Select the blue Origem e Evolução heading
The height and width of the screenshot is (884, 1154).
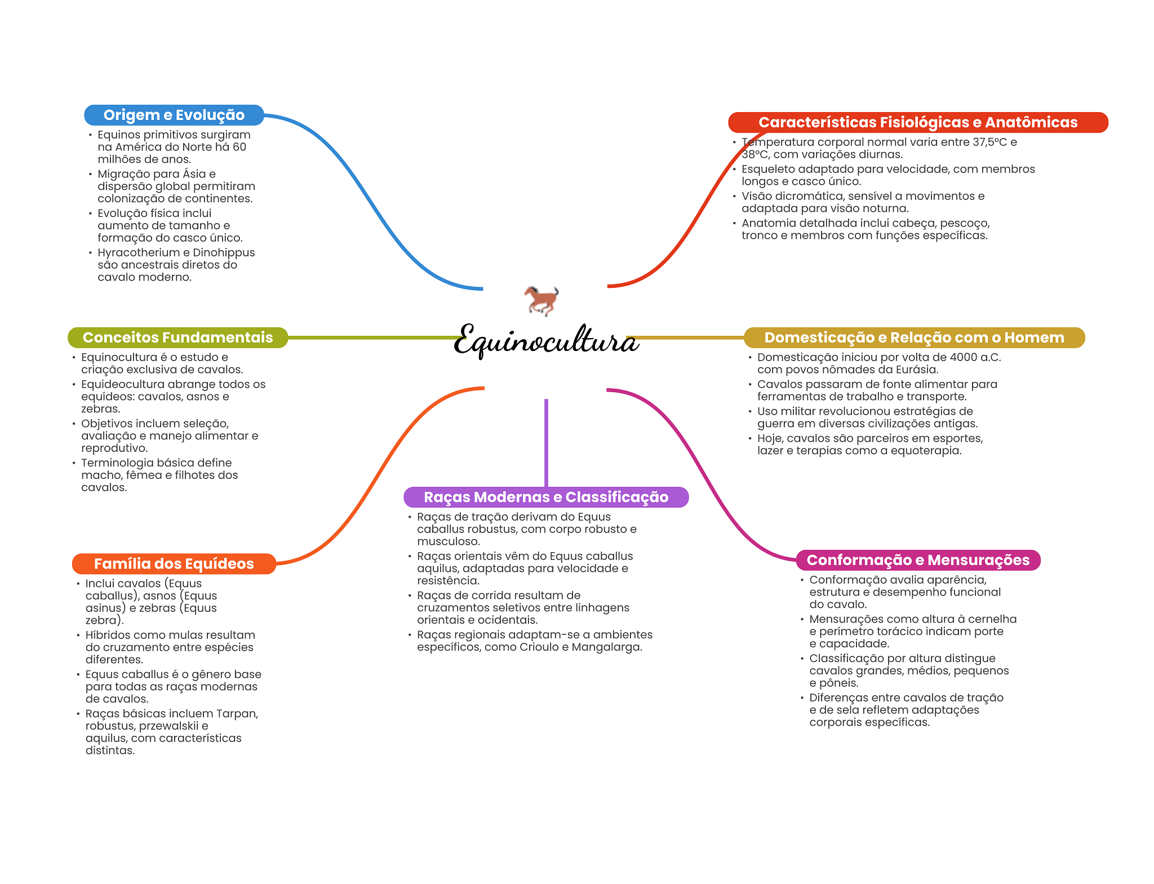coord(174,115)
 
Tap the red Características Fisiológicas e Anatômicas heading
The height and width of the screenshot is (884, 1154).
coord(917,122)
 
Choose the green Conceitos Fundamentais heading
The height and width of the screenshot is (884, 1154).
coord(177,337)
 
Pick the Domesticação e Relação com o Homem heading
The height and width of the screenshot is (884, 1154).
coord(913,337)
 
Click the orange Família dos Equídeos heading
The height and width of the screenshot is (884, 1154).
coord(174,563)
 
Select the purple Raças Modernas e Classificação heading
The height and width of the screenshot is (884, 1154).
coord(545,497)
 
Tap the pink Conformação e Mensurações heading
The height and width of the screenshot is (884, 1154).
coord(917,560)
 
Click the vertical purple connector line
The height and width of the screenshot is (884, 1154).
coord(546,442)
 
